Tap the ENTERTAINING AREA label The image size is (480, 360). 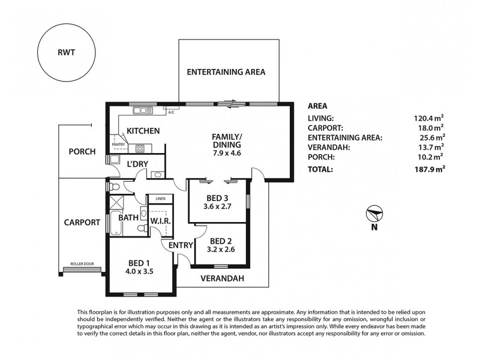point(226,72)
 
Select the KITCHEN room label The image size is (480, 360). point(142,130)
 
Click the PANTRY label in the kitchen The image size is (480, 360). point(117,144)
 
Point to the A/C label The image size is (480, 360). point(171,112)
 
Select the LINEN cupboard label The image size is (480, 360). point(160,199)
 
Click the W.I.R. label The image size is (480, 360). point(161,221)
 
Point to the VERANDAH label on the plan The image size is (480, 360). point(222,278)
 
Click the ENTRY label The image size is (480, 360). point(180,245)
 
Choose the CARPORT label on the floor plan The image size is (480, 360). point(82,222)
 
